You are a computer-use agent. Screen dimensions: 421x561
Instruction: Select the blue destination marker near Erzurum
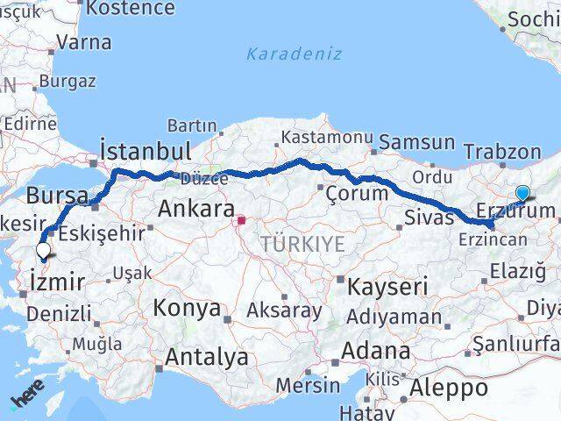coord(523,194)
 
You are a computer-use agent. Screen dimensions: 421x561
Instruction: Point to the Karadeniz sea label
coord(281,54)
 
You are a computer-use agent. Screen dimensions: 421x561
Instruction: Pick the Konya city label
coord(187,308)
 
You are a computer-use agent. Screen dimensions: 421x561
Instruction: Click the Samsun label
coord(417,142)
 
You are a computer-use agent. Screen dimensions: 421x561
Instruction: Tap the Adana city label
coord(377,352)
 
